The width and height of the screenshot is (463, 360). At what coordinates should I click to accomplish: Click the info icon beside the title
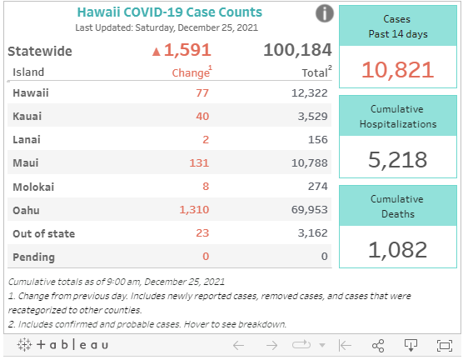[326, 13]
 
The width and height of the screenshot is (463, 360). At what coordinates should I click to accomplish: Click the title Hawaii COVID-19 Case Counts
[169, 12]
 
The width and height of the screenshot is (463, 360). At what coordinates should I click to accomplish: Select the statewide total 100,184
[297, 50]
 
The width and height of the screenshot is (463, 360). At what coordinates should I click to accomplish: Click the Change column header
[191, 72]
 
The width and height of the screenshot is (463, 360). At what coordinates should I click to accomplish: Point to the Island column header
[29, 72]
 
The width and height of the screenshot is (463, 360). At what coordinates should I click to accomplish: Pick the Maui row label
[27, 163]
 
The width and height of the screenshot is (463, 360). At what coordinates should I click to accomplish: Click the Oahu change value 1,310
[194, 210]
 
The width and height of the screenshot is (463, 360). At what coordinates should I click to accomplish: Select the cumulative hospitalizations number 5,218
[397, 160]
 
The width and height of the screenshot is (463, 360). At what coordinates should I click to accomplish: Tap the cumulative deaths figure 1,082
[397, 248]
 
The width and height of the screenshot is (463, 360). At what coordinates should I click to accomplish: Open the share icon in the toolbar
[377, 345]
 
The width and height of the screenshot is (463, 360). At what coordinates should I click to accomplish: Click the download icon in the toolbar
[410, 345]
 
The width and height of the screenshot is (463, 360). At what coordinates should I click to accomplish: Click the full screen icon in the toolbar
[444, 345]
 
